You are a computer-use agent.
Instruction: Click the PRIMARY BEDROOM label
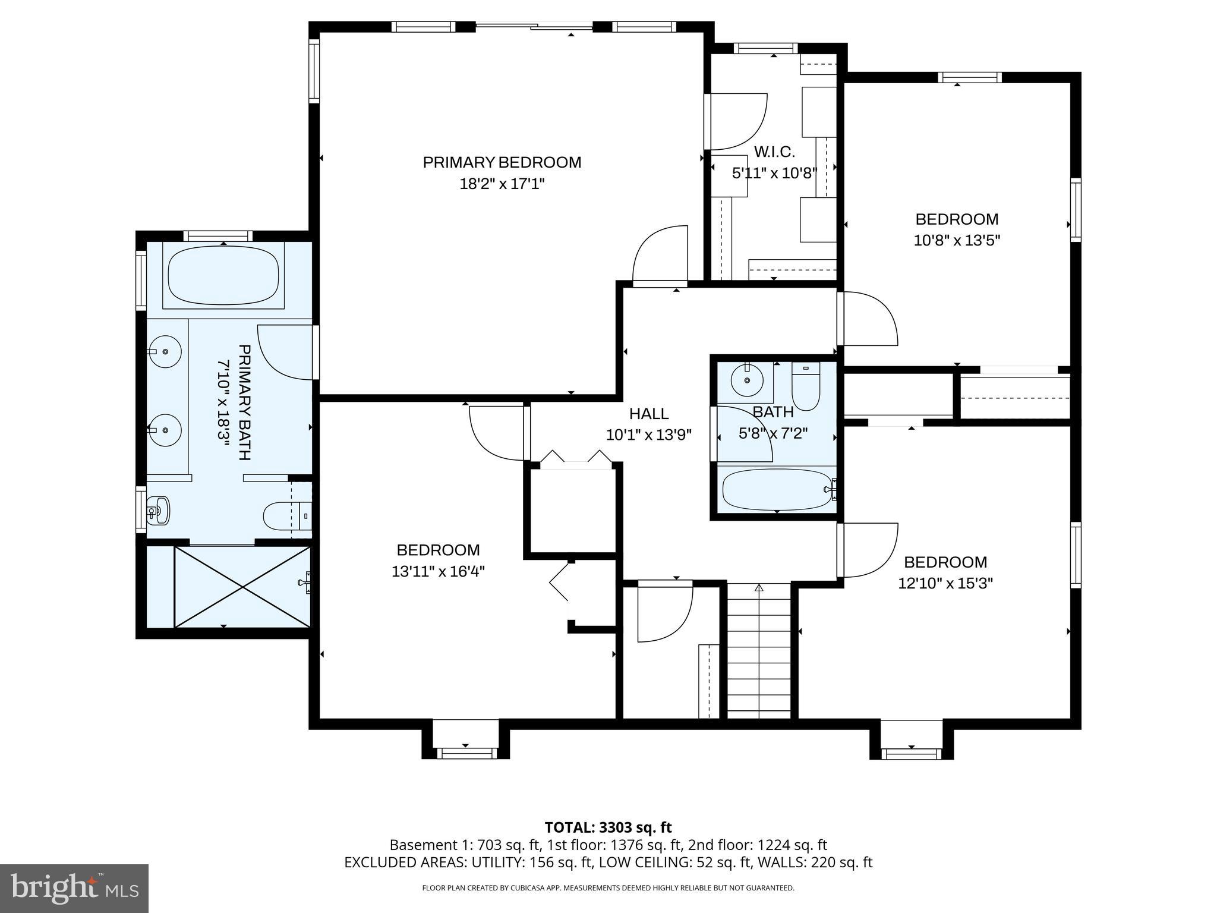(x=502, y=162)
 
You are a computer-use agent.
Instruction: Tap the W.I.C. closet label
(x=774, y=152)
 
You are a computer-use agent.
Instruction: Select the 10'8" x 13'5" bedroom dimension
(x=957, y=241)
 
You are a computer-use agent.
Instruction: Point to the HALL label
(x=649, y=413)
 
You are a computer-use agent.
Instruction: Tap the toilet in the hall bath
(x=806, y=387)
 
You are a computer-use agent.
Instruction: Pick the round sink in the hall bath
(x=747, y=380)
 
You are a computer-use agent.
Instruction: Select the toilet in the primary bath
(x=287, y=516)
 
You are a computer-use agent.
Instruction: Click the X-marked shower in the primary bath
(x=242, y=587)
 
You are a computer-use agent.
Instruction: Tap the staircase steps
(x=759, y=651)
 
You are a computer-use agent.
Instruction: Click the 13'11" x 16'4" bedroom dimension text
(x=439, y=572)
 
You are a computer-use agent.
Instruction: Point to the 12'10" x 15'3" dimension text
(x=945, y=584)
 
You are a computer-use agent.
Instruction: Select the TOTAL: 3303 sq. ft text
(x=608, y=827)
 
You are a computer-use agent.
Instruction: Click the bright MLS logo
(x=74, y=888)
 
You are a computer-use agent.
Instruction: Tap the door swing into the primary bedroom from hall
(x=660, y=254)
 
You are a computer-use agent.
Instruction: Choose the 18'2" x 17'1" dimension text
(x=502, y=184)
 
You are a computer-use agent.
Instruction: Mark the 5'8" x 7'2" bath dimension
(x=773, y=433)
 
